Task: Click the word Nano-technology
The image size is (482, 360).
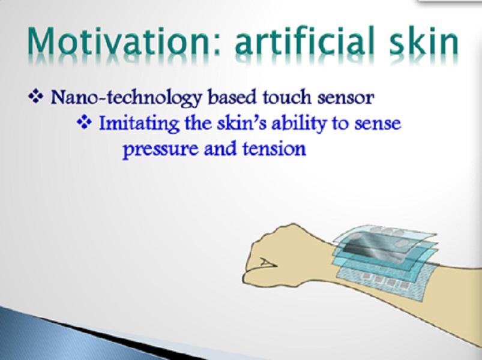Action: tap(126, 98)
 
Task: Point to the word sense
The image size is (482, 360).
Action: tap(378, 124)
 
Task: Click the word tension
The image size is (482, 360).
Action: tap(274, 149)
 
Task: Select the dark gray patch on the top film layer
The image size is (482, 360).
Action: tap(375, 246)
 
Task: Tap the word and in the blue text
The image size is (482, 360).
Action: tap(220, 149)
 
